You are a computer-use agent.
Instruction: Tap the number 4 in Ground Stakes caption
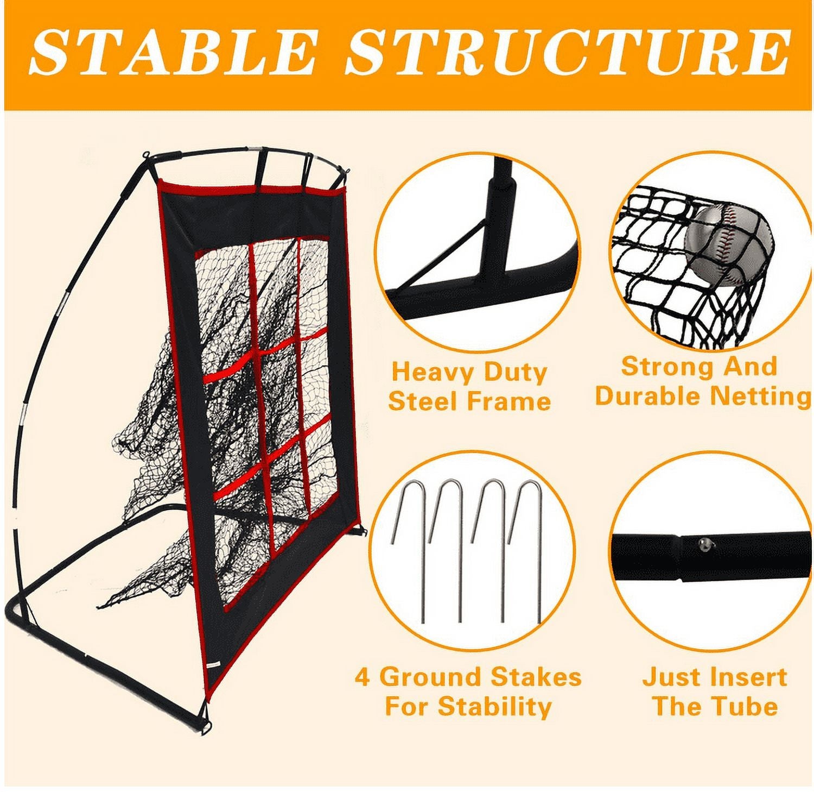tap(362, 677)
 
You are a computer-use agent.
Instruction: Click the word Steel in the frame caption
tap(422, 402)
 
